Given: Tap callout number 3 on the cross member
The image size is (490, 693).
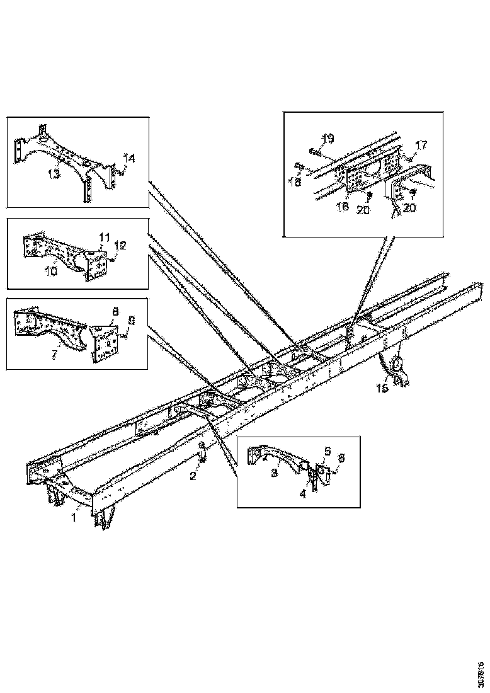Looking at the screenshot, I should point(275,472).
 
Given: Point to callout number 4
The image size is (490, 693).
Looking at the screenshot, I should point(302,495).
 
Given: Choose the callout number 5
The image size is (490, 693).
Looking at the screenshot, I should point(328,451).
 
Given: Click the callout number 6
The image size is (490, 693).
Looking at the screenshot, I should point(342,457).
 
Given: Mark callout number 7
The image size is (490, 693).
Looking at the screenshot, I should point(54,355).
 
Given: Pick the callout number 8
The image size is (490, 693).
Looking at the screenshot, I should point(115,311).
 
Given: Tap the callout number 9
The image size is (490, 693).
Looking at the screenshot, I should point(132,320).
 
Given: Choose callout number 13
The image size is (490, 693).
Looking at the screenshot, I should point(54,173).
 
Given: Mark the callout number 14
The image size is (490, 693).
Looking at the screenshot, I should point(128,157).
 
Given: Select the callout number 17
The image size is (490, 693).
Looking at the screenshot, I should point(421,145).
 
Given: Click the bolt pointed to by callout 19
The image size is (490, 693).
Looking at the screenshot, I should point(313,150).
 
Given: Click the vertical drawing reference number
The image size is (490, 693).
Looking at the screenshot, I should point(481,667).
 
